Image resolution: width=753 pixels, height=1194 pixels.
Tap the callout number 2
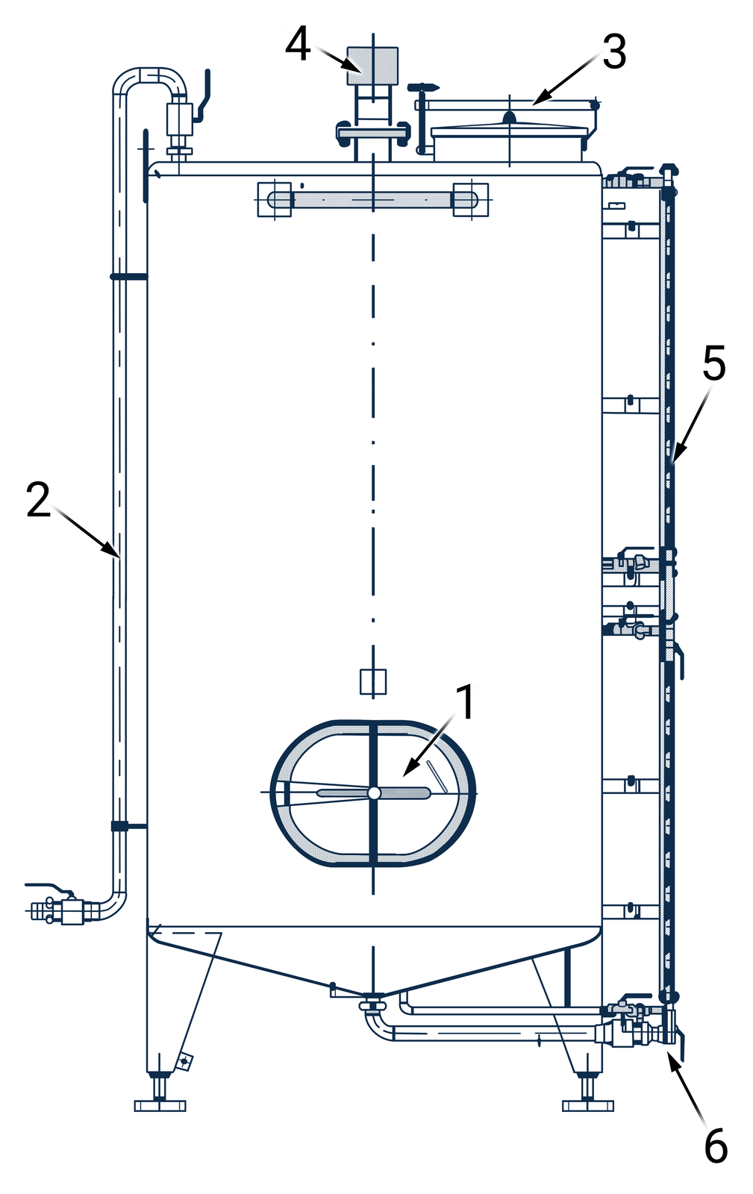point(38,499)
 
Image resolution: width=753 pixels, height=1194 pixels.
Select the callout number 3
point(614,51)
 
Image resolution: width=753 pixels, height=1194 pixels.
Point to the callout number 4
point(298,44)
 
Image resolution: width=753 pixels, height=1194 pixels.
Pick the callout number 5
point(714,363)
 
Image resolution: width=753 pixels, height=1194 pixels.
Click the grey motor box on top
point(372,66)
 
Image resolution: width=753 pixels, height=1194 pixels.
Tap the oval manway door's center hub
point(374,793)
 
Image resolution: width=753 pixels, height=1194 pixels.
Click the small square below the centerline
point(373,682)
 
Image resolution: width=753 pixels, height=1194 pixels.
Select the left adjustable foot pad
point(160,1105)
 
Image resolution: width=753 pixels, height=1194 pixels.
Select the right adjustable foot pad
point(588,1105)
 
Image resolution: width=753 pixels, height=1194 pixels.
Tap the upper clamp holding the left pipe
point(128,276)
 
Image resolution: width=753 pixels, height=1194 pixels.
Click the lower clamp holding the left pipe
point(128,826)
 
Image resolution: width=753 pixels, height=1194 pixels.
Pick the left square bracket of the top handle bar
point(275,199)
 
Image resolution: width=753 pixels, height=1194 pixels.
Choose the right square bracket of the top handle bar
point(471,199)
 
